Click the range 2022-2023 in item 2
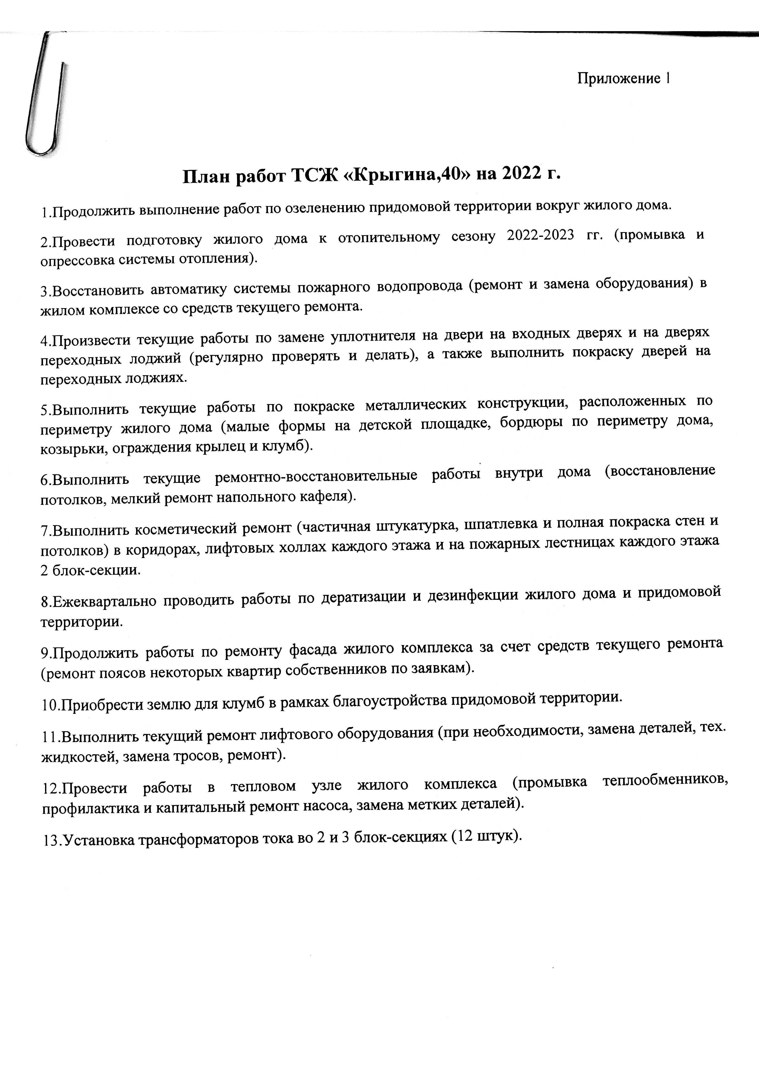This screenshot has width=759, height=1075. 540,235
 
